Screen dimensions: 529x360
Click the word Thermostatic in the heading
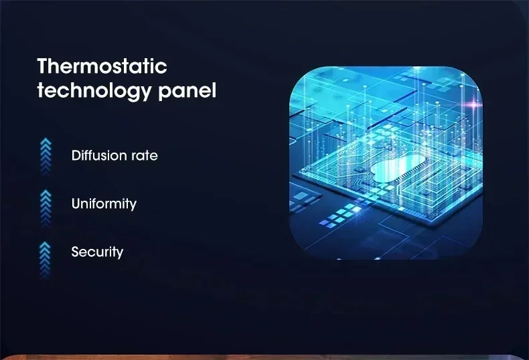[102, 66]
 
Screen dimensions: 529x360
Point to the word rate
[144, 156]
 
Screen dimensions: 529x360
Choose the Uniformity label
[104, 204]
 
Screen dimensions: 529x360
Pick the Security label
[97, 252]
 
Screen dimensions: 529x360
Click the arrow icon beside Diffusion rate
[46, 157]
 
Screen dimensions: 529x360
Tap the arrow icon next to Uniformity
[46, 208]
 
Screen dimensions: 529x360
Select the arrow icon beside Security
[46, 260]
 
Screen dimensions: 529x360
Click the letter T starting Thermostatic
[43, 66]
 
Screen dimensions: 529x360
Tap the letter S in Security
[75, 252]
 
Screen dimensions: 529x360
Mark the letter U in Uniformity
[76, 203]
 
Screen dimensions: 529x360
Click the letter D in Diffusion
[76, 155]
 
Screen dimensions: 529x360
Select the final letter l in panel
[214, 90]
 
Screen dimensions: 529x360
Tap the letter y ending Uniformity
[133, 205]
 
